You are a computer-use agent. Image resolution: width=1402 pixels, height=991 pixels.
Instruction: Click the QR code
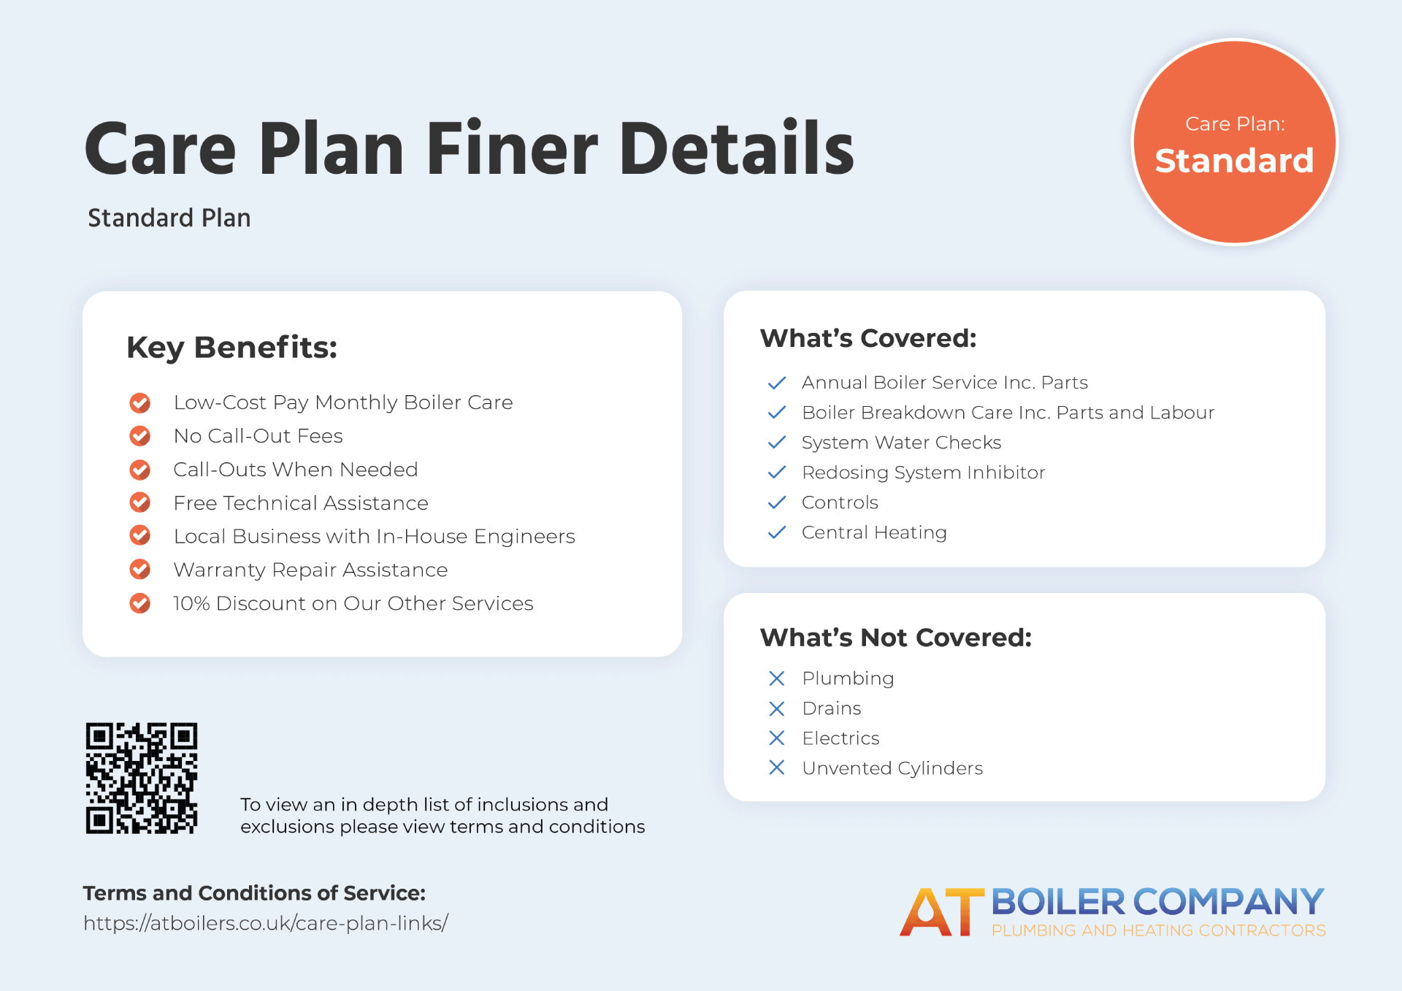[142, 778]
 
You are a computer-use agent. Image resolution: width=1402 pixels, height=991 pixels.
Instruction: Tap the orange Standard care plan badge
[1234, 142]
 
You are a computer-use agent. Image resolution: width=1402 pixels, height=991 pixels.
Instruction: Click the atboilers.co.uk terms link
[266, 923]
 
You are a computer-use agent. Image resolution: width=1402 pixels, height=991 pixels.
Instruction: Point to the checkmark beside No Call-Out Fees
[140, 436]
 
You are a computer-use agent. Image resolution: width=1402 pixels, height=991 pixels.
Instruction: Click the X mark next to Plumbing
[777, 678]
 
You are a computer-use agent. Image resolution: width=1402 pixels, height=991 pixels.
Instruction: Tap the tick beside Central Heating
[777, 532]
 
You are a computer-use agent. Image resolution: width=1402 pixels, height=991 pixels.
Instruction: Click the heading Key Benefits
[232, 348]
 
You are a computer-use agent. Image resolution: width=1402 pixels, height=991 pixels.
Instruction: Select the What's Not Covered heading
[896, 638]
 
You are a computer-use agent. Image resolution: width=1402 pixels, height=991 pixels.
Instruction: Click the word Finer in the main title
[512, 149]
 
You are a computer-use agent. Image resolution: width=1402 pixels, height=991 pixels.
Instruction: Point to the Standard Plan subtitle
[169, 218]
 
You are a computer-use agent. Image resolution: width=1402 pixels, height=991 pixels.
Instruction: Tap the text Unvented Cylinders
[892, 768]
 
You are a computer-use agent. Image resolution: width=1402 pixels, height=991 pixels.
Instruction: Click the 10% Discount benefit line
[353, 603]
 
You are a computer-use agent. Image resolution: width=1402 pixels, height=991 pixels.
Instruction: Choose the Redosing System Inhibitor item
[924, 472]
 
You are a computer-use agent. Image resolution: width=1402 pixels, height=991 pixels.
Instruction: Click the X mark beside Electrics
[777, 738]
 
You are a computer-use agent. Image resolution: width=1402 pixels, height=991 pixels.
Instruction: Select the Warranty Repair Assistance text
[310, 570]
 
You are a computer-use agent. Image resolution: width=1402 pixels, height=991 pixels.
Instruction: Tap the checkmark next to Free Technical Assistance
[140, 502]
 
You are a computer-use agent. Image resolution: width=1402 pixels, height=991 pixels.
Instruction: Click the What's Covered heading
[868, 338]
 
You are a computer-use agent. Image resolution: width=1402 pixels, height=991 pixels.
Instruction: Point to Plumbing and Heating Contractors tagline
[1159, 930]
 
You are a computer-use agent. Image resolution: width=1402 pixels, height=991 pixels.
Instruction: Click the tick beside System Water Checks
[777, 443]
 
